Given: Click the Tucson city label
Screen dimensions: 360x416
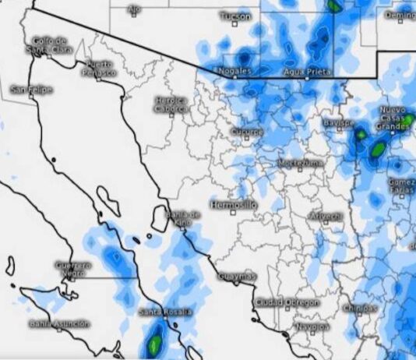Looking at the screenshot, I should pos(235,16).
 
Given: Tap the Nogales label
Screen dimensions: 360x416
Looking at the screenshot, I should pos(237,71).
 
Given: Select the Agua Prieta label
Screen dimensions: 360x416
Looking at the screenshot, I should pos(308,71).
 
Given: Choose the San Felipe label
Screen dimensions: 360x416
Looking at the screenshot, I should pos(32,90).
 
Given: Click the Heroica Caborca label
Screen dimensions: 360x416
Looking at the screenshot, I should pos(171,105).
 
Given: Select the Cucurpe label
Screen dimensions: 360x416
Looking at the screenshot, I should pos(247,132).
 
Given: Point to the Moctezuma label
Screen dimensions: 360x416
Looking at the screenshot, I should pos(299,163).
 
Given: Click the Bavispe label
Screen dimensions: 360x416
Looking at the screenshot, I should pos(339,123).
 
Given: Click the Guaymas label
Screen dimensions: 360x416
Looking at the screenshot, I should pos(236,277).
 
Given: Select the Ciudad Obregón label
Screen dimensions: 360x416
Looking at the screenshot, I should pos(287,302).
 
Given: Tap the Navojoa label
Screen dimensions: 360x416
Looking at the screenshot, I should pos(312,327).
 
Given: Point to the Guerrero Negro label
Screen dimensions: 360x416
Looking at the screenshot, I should pos(73,269).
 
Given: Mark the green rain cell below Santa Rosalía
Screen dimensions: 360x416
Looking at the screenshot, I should pos(154,341).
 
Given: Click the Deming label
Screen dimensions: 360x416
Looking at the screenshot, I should pos(400,16).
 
